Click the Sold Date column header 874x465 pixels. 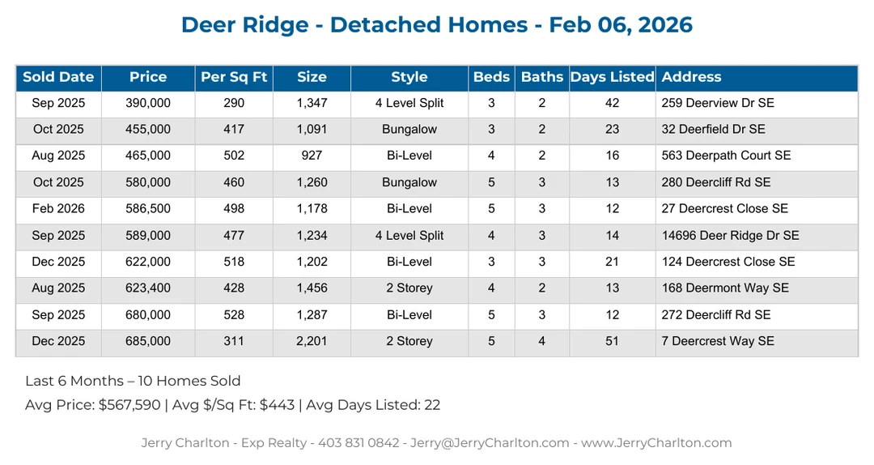coord(58,78)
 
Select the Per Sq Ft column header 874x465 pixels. coord(234,78)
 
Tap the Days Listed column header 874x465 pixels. coord(612,78)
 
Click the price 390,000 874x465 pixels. coord(148,103)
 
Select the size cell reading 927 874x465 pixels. coord(311,156)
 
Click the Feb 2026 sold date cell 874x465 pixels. coord(58,209)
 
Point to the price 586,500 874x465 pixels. coord(148,209)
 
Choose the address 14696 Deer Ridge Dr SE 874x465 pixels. coord(730,236)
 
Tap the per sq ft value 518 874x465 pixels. coord(234,262)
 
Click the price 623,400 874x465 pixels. coord(148,288)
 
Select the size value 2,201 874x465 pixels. coord(312,341)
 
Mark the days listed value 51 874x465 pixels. coord(612,341)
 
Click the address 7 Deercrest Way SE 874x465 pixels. coord(717,341)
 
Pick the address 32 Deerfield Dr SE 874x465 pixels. coord(713,130)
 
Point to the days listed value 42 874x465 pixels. coord(612,103)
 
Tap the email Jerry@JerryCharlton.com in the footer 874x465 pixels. coord(489,443)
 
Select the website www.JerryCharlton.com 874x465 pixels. coord(656,443)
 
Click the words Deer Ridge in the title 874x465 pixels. coord(244,24)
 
